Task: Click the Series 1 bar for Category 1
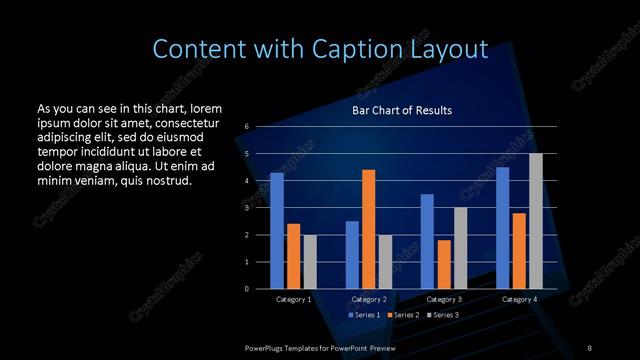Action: pyautogui.click(x=277, y=230)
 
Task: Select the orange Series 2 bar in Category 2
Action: pyautogui.click(x=369, y=229)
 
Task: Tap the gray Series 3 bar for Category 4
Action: pyautogui.click(x=536, y=220)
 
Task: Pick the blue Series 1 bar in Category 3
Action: pyautogui.click(x=428, y=241)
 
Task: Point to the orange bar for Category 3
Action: pyautogui.click(x=444, y=264)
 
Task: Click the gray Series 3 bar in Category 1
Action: pyautogui.click(x=310, y=261)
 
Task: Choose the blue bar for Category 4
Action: pyautogui.click(x=503, y=227)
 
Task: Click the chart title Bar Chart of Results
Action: pyautogui.click(x=402, y=110)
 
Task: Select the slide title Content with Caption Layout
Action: pyautogui.click(x=320, y=48)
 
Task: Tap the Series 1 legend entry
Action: pyautogui.click(x=363, y=315)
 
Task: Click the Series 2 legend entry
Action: pyautogui.click(x=402, y=315)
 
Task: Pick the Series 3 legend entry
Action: pyautogui.click(x=443, y=315)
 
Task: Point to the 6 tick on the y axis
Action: pyautogui.click(x=247, y=127)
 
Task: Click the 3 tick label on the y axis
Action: pyautogui.click(x=247, y=208)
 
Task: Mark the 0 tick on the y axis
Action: pyautogui.click(x=247, y=289)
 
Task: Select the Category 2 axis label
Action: pyautogui.click(x=369, y=299)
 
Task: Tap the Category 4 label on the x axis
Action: pyautogui.click(x=519, y=299)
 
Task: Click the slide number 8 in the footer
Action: pyautogui.click(x=589, y=347)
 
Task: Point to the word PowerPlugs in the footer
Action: pyautogui.click(x=266, y=347)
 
